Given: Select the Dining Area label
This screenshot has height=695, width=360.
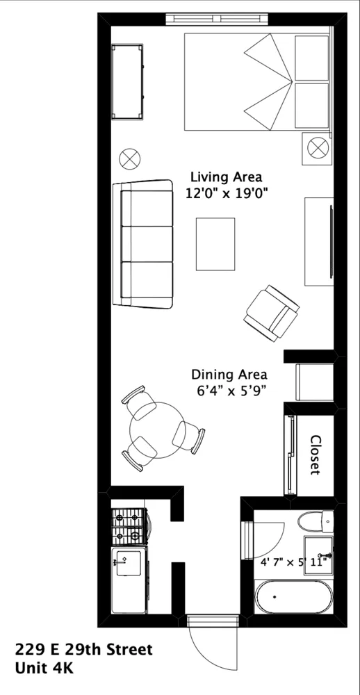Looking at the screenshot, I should coord(229,375).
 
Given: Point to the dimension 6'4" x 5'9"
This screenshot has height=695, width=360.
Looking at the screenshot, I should coord(229,391).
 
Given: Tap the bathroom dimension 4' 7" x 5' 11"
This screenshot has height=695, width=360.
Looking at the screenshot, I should coord(294,562).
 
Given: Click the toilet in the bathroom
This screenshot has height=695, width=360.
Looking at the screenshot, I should coord(315,521).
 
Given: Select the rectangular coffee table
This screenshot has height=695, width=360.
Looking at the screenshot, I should coord(215,243).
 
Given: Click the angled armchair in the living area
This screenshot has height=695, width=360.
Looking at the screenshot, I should coord(272,313).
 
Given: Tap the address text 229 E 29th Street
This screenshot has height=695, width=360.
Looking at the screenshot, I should coord(83,651).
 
